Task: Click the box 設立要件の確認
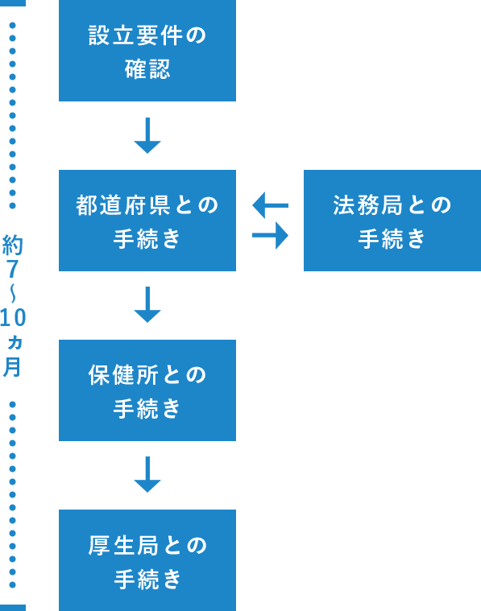click(147, 51)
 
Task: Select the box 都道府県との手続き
click(147, 220)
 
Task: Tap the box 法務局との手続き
click(392, 220)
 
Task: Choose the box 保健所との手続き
click(147, 390)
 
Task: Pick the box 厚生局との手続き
click(147, 560)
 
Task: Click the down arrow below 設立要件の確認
click(147, 135)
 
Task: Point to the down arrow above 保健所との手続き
click(147, 305)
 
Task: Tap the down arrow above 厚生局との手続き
click(147, 475)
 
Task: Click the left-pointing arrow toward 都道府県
click(271, 205)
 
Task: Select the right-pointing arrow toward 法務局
click(271, 235)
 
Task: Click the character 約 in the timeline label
click(12, 245)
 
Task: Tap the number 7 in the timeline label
click(12, 269)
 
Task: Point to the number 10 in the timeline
click(12, 318)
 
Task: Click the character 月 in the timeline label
click(12, 366)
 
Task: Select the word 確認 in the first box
click(147, 69)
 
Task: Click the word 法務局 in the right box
click(367, 205)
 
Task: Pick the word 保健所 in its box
click(123, 375)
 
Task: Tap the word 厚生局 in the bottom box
click(123, 545)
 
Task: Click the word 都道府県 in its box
click(123, 205)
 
